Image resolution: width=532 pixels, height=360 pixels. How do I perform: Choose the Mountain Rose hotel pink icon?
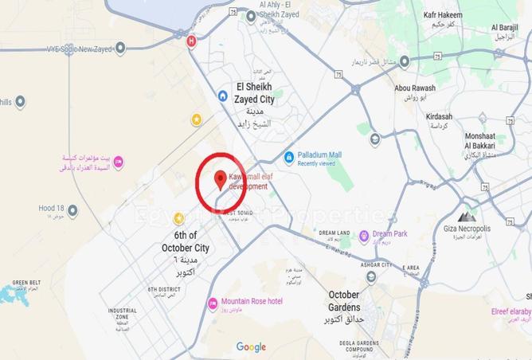(213, 303)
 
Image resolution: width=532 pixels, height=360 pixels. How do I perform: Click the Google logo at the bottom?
(251, 346)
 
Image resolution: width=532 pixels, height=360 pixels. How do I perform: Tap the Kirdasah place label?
(439, 117)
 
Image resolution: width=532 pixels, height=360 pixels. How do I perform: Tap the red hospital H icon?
(191, 41)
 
